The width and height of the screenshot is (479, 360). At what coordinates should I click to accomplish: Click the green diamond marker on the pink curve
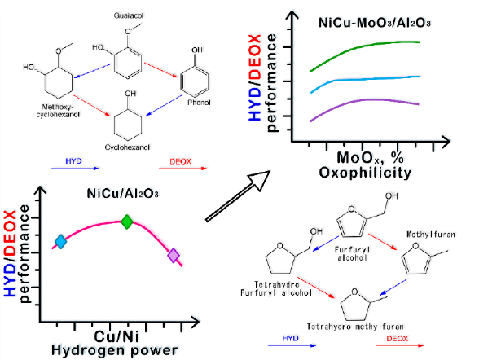click(127, 222)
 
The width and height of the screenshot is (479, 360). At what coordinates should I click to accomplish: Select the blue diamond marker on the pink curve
click(61, 242)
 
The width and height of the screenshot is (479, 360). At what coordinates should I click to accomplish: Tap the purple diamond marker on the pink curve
click(174, 255)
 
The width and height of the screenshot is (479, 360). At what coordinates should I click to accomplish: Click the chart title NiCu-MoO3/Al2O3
click(375, 23)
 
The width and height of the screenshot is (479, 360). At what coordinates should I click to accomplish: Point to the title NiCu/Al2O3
click(122, 194)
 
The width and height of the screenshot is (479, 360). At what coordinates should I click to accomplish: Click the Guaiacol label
click(129, 15)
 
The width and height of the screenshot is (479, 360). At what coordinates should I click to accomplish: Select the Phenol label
click(199, 103)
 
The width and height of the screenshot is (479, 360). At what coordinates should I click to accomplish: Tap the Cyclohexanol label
click(127, 147)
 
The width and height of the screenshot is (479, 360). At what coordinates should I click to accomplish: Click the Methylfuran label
click(431, 235)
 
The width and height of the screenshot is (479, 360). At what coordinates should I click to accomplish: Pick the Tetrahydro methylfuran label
click(355, 327)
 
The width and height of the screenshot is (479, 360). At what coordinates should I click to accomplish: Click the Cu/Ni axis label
click(116, 336)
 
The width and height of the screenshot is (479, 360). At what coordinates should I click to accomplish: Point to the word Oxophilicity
click(365, 173)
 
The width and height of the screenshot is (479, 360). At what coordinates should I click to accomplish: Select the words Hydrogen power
click(115, 350)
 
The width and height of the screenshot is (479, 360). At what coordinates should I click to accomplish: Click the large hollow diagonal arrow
click(238, 196)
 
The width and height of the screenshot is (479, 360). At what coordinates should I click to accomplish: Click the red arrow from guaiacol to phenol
click(161, 70)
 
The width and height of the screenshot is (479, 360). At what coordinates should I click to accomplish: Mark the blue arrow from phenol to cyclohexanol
click(164, 106)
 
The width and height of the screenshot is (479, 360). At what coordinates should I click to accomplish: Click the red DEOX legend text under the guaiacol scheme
click(181, 161)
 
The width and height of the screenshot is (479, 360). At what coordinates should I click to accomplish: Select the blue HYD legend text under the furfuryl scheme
click(291, 338)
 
